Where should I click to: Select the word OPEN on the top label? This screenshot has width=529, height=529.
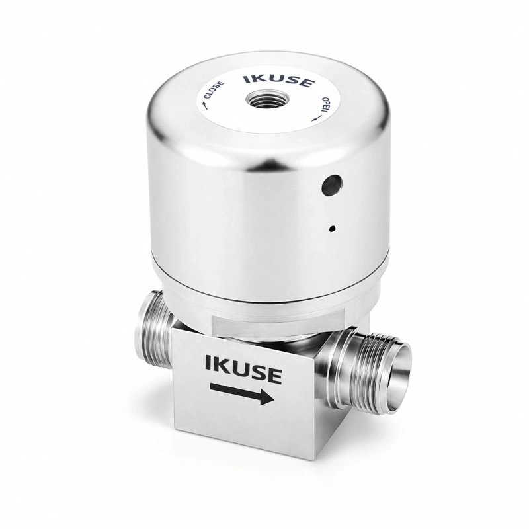326,104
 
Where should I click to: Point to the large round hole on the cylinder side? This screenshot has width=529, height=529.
333,185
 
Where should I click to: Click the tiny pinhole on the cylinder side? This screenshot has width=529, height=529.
333,229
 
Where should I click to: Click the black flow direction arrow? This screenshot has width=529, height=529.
242,392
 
